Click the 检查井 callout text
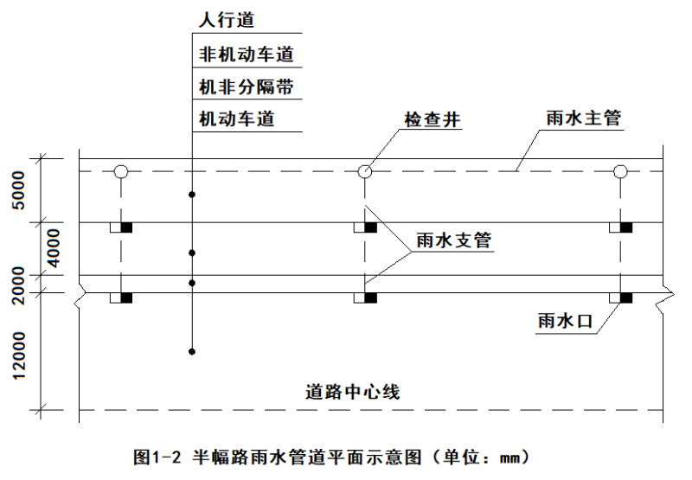pos(431,119)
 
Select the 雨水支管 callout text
pos(453,241)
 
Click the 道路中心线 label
pos(352,390)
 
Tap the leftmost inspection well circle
pos(121,171)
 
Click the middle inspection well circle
pos(366,171)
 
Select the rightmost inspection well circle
pos(620,171)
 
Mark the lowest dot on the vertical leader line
pos(192,351)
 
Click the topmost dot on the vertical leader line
pos(192,195)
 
